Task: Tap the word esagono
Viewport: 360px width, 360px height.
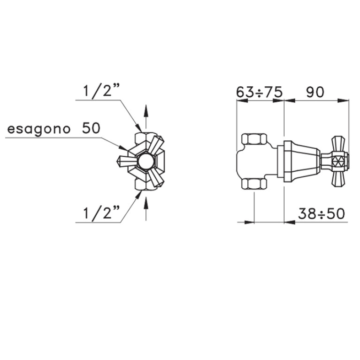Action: coord(39,129)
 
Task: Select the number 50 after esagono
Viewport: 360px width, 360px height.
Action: coord(91,128)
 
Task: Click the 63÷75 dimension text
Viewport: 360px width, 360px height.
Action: coord(259,92)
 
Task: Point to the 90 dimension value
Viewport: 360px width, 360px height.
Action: coord(315,92)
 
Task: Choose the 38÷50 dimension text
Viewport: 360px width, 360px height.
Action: coord(322,214)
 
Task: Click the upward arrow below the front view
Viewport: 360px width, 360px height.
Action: coord(146,209)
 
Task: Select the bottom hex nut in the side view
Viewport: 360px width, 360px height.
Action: coord(254,184)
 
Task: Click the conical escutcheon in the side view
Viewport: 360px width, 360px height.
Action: coord(302,161)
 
